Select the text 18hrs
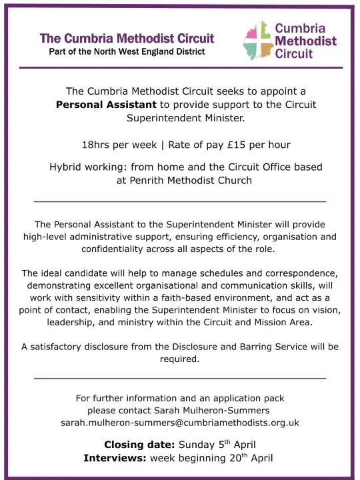click(x=95, y=145)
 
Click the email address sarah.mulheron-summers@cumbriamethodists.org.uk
click(x=180, y=423)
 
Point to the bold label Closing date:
click(x=139, y=445)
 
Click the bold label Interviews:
click(x=115, y=458)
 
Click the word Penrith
click(x=151, y=180)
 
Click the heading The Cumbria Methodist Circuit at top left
click(x=127, y=38)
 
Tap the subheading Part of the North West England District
click(x=127, y=51)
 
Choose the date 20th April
click(x=247, y=458)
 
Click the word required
click(x=179, y=359)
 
